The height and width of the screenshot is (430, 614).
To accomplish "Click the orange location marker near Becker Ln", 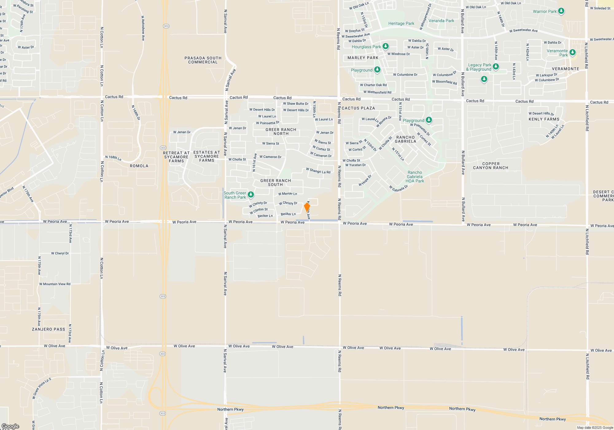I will pyautogui.click(x=307, y=207).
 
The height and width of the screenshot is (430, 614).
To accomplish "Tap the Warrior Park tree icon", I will pyautogui.click(x=561, y=11).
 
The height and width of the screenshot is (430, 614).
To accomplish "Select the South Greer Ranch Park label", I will pyautogui.click(x=235, y=195).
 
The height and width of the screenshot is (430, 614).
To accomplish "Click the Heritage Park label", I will pyautogui.click(x=401, y=23).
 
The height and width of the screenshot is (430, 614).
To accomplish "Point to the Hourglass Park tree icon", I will pyautogui.click(x=386, y=46).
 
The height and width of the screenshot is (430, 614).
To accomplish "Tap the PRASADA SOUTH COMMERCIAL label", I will pyautogui.click(x=203, y=60).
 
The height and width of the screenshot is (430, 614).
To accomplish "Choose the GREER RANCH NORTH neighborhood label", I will pyautogui.click(x=281, y=131).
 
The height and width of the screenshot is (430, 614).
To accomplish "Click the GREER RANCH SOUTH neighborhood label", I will pyautogui.click(x=275, y=182).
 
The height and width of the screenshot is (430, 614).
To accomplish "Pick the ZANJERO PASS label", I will pyautogui.click(x=49, y=329).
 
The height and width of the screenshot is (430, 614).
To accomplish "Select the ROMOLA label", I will pyautogui.click(x=139, y=166).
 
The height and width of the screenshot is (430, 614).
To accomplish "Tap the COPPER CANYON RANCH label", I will pyautogui.click(x=491, y=166).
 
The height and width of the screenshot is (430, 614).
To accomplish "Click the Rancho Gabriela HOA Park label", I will pyautogui.click(x=415, y=177).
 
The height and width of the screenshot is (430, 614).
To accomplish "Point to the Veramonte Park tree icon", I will pyautogui.click(x=573, y=52).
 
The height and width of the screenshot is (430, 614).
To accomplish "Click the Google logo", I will pyautogui.click(x=10, y=426).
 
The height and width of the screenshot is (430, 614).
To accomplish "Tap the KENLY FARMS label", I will pyautogui.click(x=544, y=119).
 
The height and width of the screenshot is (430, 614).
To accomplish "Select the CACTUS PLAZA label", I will pyautogui.click(x=358, y=108).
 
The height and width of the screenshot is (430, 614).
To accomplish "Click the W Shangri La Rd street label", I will pyautogui.click(x=318, y=171).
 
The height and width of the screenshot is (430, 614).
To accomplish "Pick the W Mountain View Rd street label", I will pyautogui.click(x=55, y=284).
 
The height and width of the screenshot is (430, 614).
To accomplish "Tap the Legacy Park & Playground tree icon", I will pyautogui.click(x=496, y=67).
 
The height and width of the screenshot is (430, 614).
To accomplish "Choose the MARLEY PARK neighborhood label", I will pyautogui.click(x=363, y=58).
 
